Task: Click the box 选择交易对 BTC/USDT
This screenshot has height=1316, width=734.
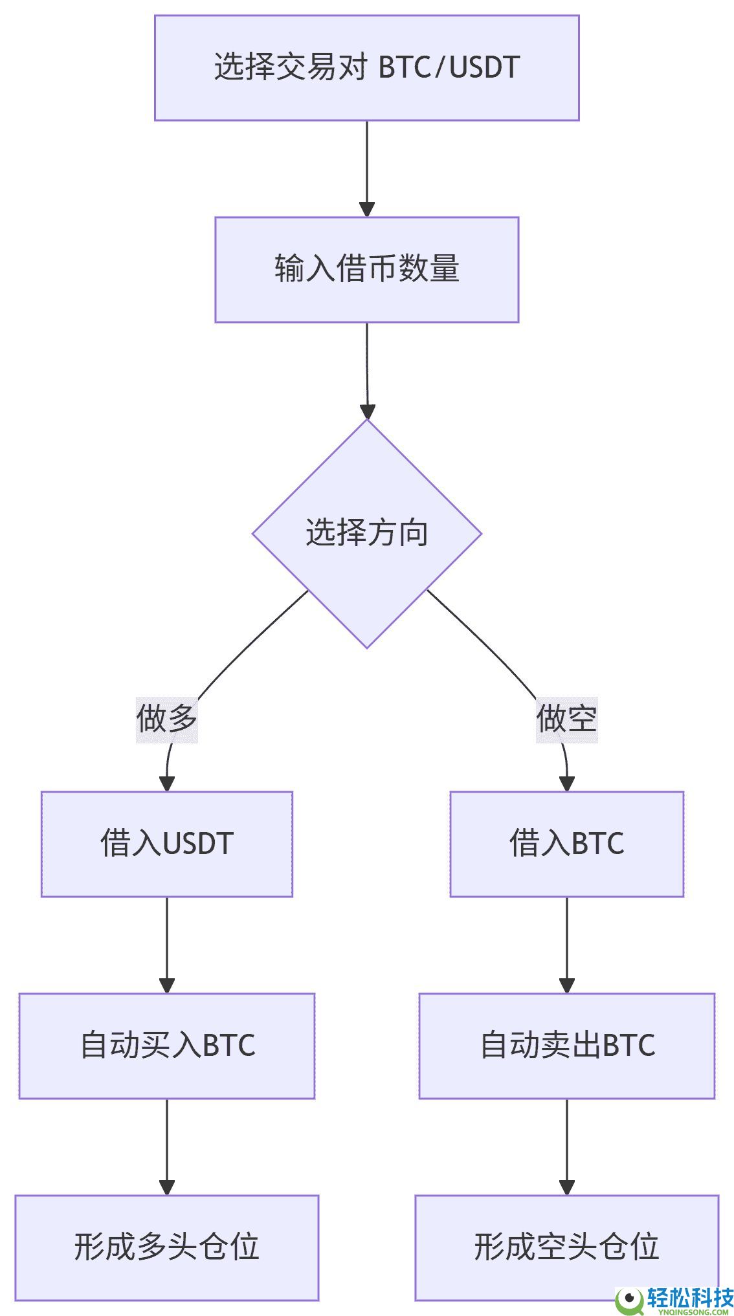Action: coord(366,68)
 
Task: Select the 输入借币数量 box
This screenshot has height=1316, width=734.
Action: coord(366,269)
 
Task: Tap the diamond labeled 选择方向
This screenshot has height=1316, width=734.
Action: coord(366,534)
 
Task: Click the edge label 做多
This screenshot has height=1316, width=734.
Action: coord(166,719)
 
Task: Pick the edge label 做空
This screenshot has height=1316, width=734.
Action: coord(566,719)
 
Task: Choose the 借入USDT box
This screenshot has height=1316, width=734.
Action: coord(166,844)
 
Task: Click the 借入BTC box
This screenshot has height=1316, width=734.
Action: coord(566,844)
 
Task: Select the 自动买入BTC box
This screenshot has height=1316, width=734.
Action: coord(166,1046)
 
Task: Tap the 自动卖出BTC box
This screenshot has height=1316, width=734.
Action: coord(566,1046)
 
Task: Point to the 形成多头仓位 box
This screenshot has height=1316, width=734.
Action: coord(166,1247)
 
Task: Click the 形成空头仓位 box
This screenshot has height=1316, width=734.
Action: coord(566,1247)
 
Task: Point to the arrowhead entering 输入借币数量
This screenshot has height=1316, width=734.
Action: coord(367,209)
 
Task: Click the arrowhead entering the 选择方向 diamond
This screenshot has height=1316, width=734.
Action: coord(367,411)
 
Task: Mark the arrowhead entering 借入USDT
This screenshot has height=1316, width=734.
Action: coord(167,784)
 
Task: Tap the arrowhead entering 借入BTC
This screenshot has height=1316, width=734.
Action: coord(567,784)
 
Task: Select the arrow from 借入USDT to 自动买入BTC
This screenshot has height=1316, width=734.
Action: coord(167,945)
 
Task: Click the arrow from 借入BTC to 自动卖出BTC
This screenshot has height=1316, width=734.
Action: coord(567,945)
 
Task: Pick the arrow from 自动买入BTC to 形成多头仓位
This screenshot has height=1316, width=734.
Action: coord(167,1146)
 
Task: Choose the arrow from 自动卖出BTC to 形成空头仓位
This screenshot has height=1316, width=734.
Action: coord(567,1146)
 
